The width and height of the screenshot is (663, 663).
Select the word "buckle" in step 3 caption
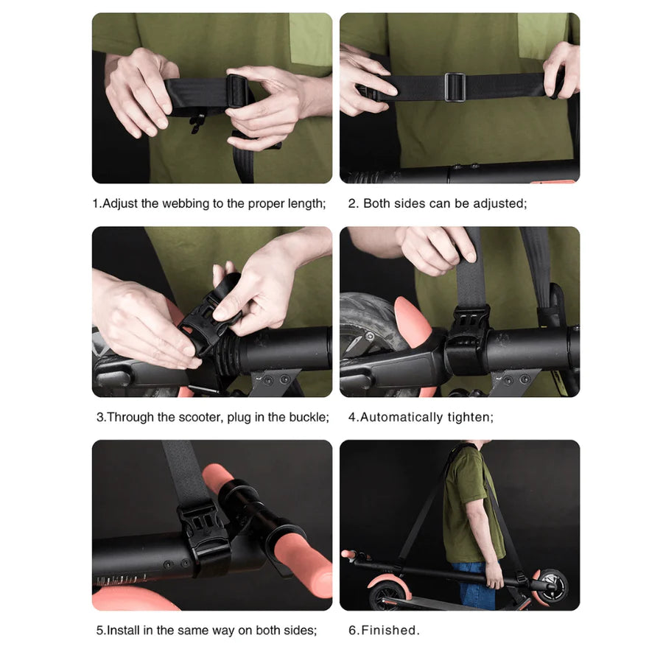point(309,417)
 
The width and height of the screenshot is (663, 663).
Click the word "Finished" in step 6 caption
point(390,631)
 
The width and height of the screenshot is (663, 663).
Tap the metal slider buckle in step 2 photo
point(455,86)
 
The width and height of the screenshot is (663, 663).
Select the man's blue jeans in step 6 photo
point(475,586)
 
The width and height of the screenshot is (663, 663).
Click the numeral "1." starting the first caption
point(97,203)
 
